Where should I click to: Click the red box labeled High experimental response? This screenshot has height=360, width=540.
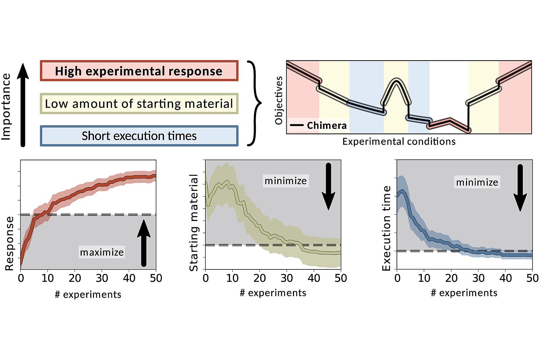point(139,71)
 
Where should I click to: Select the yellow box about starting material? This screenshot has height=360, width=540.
point(139,103)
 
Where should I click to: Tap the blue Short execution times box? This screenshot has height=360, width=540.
point(139,136)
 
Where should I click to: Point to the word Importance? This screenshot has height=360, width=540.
point(6,107)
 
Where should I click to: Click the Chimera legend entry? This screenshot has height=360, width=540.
point(319,125)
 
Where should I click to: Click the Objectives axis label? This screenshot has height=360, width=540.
point(279,101)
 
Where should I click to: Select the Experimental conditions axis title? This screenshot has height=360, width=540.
point(399,141)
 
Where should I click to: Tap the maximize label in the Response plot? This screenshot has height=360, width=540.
point(102,252)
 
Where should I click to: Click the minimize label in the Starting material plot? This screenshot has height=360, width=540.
point(285,181)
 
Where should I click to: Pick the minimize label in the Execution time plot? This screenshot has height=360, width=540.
point(477,182)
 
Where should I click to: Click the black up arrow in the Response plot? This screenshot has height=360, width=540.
point(144,243)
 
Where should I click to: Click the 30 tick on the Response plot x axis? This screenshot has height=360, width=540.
point(102,278)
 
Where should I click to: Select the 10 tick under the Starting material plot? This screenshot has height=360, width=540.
point(232,278)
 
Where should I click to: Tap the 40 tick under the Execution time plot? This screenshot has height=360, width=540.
point(505,278)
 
